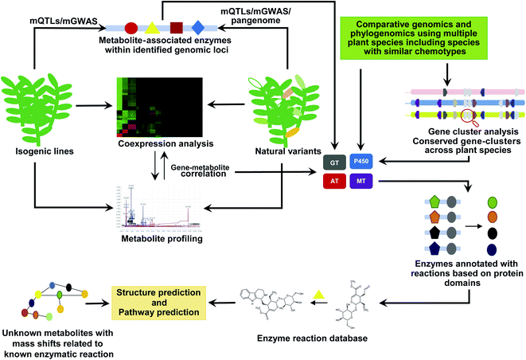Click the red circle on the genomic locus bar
[132, 29]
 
